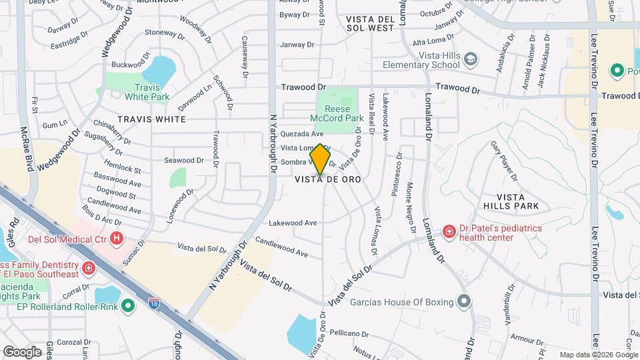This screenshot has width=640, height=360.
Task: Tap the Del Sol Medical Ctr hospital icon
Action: [117, 237]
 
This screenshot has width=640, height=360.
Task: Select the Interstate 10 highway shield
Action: [154, 305]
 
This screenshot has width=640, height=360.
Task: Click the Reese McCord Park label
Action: [343, 113]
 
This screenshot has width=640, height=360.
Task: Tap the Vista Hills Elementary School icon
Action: [471, 60]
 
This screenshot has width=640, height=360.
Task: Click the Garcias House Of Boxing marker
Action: [463, 302]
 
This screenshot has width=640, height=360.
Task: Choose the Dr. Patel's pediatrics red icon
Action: [449, 231]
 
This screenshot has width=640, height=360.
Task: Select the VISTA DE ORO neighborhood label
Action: [328, 179]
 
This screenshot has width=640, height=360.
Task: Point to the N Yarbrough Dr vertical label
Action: [273, 143]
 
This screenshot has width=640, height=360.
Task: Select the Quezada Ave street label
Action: [302, 134]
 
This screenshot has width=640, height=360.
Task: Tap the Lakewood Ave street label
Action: [293, 223]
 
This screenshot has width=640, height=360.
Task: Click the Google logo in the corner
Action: [22, 351]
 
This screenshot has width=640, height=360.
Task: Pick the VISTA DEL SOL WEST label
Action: [371, 24]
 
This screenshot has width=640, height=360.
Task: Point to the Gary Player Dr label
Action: [503, 160]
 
